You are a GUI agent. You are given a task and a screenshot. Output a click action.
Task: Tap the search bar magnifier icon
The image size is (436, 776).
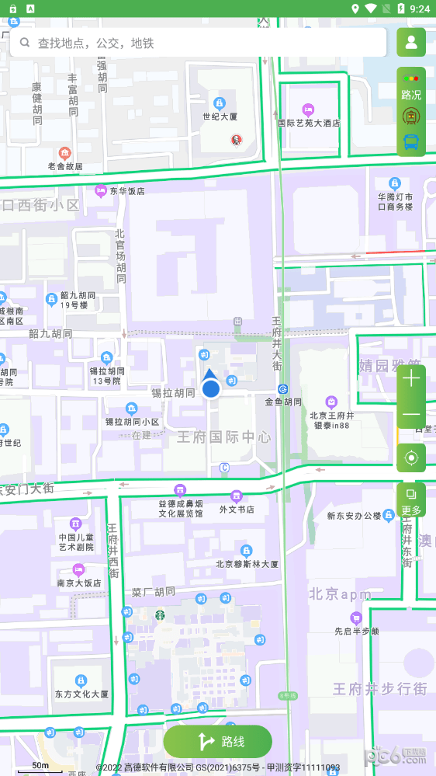click(26, 43)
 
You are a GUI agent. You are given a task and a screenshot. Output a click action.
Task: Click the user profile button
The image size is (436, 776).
click(411, 42)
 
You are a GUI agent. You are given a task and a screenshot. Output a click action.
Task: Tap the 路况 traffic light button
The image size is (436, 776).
click(411, 85)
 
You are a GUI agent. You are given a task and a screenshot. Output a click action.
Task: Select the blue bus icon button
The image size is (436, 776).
click(411, 142)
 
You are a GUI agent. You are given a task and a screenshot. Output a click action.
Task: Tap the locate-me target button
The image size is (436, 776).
click(411, 458)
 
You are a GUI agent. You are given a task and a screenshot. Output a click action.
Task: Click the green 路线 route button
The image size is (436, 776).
click(218, 741)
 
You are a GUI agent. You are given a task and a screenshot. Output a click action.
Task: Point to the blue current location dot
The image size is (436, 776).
click(211, 388)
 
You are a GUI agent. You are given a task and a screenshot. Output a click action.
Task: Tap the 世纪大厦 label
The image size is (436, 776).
click(220, 117)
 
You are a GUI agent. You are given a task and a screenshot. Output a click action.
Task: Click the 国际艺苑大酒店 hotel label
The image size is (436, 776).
click(309, 123)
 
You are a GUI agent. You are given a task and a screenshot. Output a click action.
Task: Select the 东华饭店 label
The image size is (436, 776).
click(126, 190)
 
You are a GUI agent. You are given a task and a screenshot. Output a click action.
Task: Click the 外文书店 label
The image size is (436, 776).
click(237, 510)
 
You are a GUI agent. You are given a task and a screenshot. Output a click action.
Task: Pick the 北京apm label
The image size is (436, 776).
click(340, 594)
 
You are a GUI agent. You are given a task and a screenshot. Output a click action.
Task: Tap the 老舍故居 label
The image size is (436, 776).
click(65, 166)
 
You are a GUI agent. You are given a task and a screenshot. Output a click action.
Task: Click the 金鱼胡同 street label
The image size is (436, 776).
click(283, 402)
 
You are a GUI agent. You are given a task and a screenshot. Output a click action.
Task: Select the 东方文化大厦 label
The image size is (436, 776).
click(81, 694)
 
